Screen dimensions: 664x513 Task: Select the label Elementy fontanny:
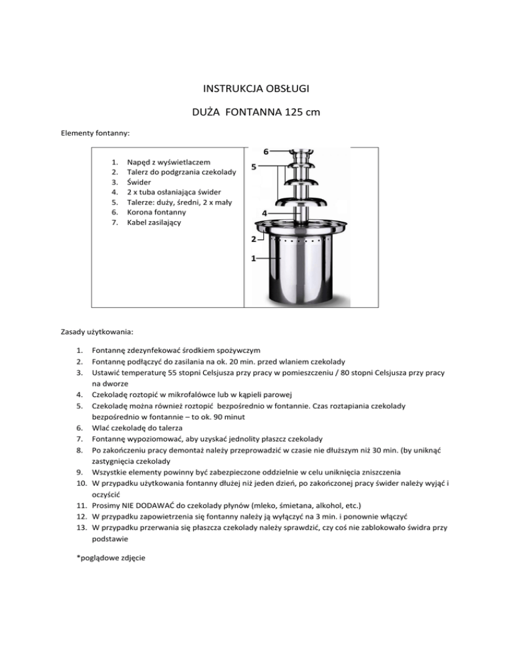coord(95,134)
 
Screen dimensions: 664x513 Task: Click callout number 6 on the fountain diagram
coord(266,152)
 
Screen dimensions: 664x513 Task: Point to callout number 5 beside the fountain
coord(254,167)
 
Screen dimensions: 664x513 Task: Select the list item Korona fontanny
coord(162,212)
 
